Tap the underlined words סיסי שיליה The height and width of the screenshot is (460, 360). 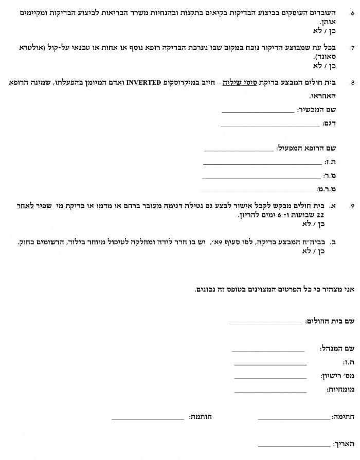245,82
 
